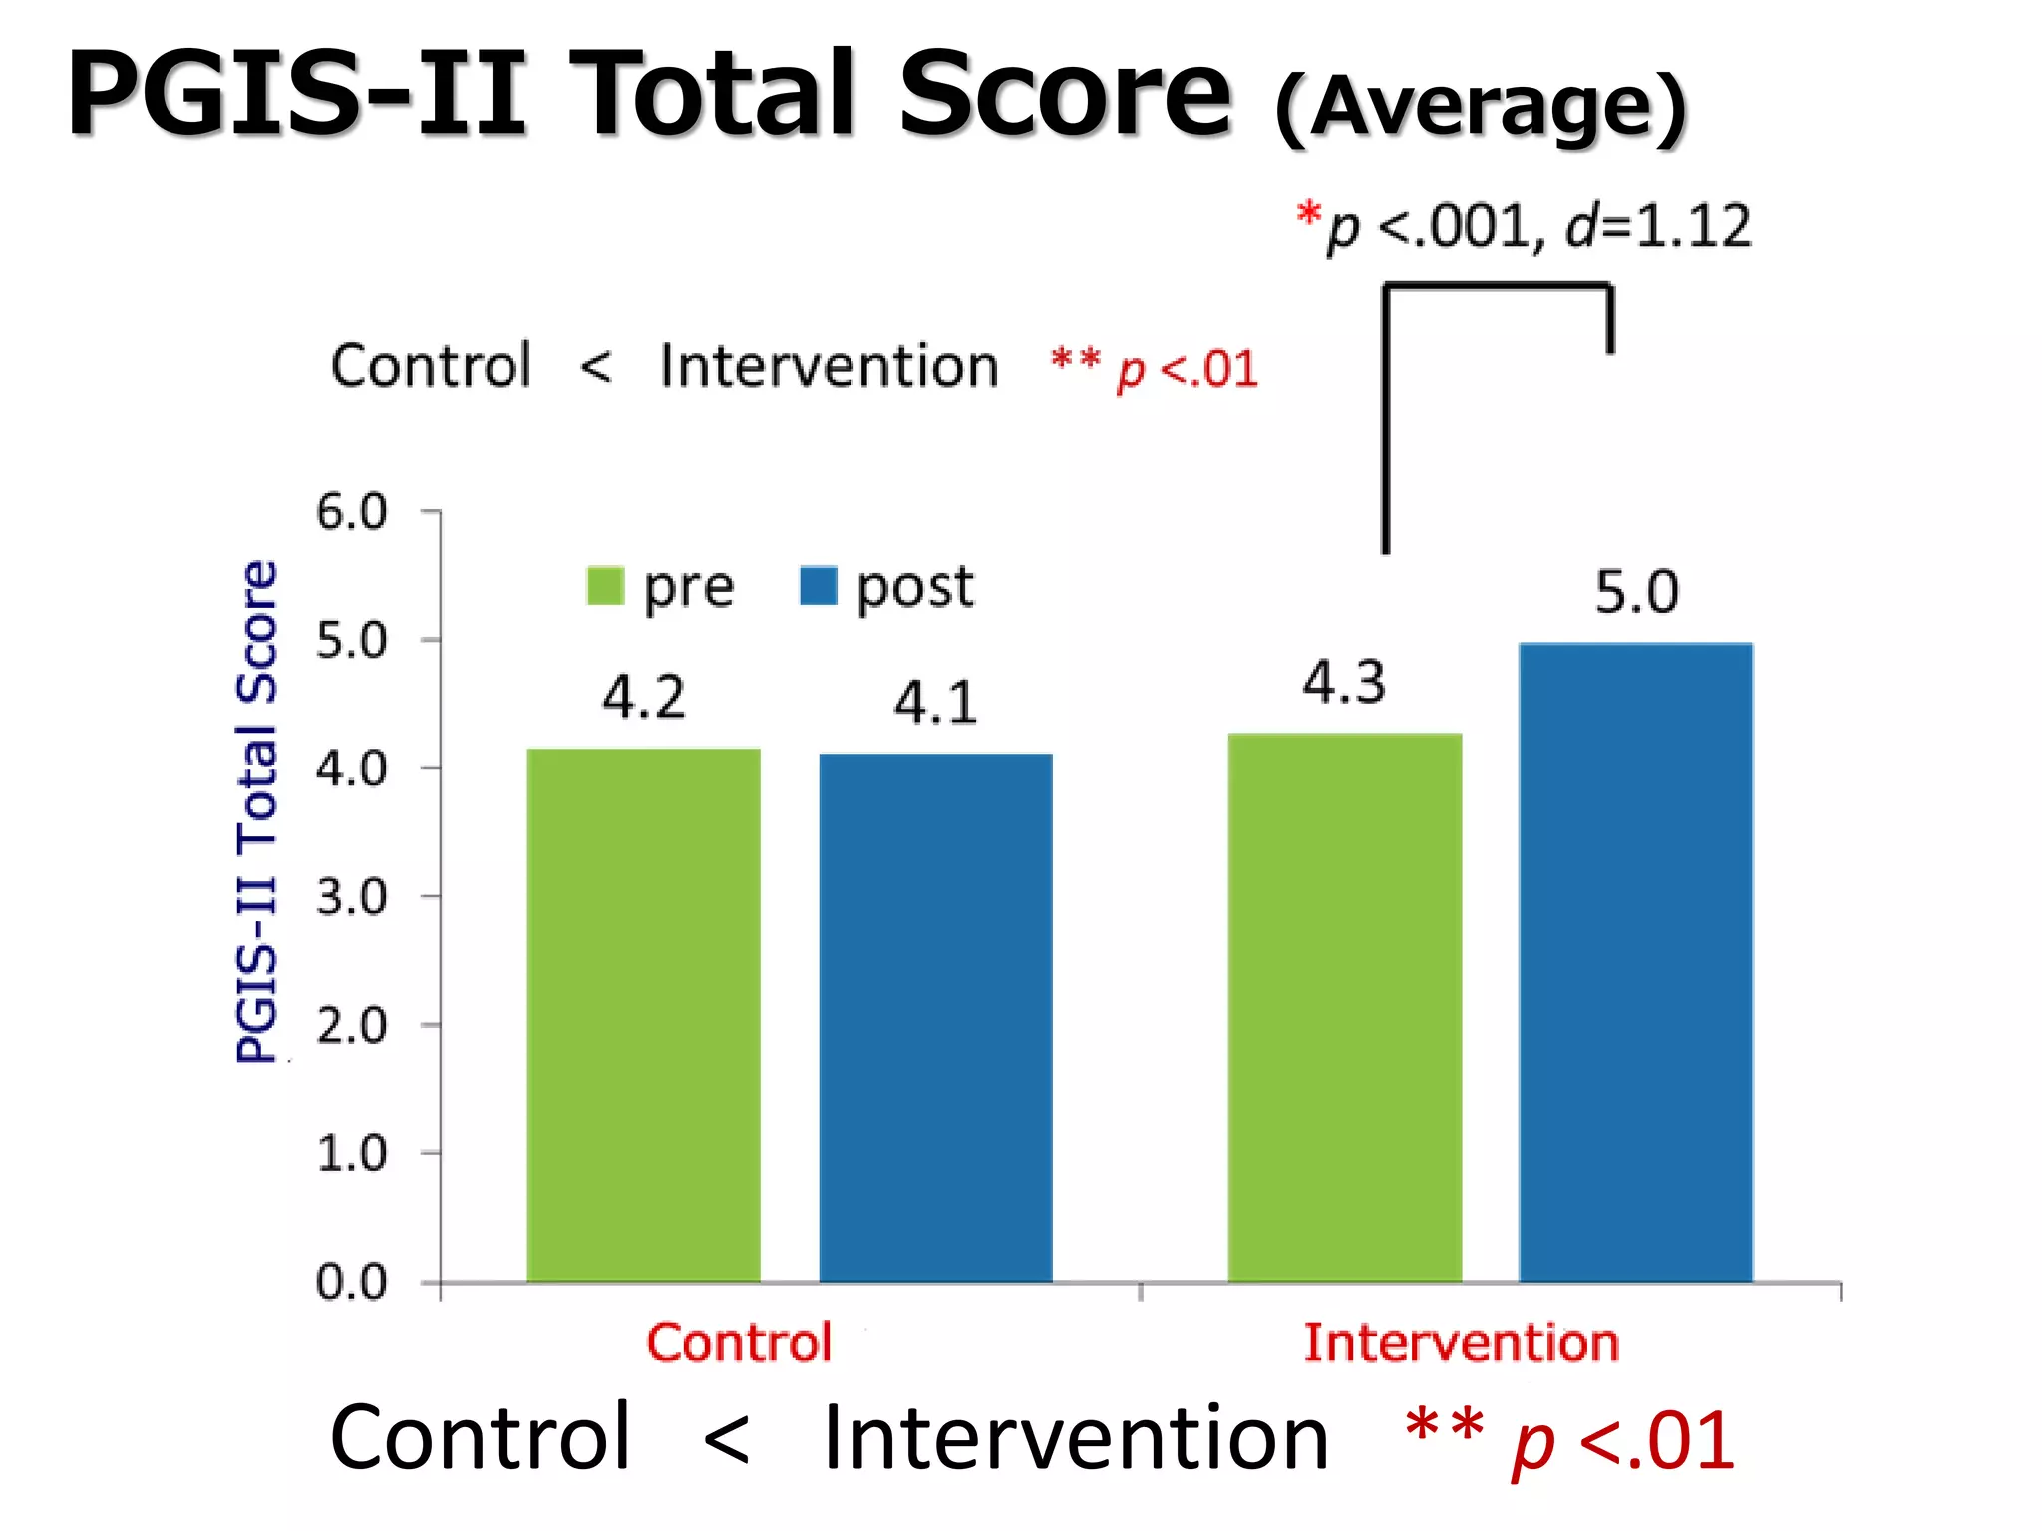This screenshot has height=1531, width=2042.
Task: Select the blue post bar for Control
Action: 935,1017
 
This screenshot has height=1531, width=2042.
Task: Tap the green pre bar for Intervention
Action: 1344,1007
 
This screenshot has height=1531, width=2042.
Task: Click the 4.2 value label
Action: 644,697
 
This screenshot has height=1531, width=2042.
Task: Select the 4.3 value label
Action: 1344,683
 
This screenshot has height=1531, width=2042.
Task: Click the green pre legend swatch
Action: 605,586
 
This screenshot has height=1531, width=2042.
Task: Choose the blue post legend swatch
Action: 819,586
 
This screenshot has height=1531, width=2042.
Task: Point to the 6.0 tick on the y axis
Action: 352,512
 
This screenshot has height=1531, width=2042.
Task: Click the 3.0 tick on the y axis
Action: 352,897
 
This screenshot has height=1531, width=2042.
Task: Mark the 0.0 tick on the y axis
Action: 352,1282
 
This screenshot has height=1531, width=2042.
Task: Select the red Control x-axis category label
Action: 739,1342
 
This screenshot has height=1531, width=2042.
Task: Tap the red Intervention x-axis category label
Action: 1462,1342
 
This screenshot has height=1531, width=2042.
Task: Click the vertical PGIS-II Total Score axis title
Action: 257,811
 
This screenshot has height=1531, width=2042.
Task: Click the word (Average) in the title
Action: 1481,107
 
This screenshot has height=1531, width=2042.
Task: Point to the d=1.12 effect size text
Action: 1658,226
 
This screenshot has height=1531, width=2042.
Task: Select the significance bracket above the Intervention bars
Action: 1496,290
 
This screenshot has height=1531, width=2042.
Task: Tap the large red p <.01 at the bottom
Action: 1623,1441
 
